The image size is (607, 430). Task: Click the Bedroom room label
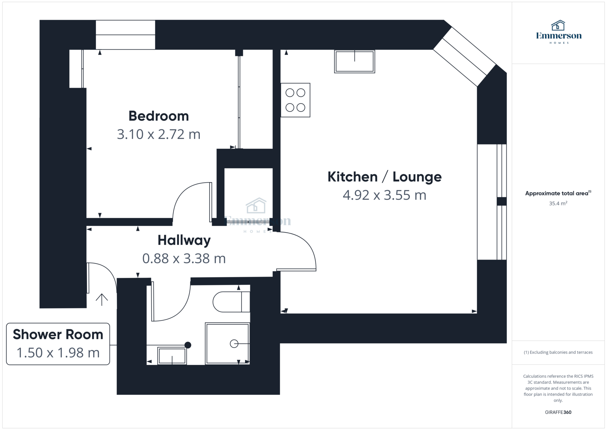(159, 116)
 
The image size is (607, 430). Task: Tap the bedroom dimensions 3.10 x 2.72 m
(159, 134)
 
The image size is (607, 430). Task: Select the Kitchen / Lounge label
(384, 177)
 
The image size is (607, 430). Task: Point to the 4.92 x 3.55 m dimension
(384, 195)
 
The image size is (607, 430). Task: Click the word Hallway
(184, 240)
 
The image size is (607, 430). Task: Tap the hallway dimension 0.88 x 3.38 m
(184, 258)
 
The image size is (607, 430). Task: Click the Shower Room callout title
(58, 334)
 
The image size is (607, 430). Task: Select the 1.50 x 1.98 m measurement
(58, 353)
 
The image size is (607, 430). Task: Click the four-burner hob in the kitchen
(295, 100)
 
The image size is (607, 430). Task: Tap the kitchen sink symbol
(354, 61)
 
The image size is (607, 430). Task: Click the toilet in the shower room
(231, 302)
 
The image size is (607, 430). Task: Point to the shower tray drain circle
(234, 344)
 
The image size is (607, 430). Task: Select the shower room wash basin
(172, 356)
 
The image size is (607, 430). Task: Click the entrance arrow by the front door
(102, 300)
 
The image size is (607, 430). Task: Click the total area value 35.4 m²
(558, 204)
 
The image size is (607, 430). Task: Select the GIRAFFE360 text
(558, 412)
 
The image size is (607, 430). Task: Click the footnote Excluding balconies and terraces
(558, 352)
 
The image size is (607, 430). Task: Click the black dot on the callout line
(188, 345)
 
